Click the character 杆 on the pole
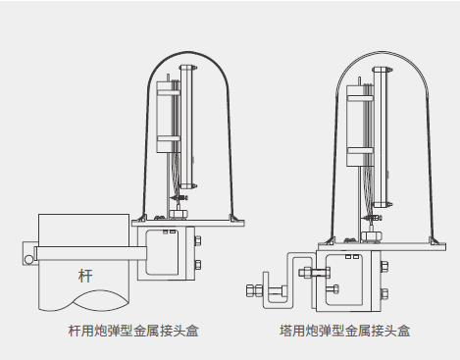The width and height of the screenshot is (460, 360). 85,276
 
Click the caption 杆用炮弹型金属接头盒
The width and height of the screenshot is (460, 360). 133,331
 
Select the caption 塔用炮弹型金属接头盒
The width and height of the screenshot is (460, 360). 344,331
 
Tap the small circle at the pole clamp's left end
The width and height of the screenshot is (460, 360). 28,260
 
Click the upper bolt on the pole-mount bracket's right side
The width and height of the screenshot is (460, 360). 197,241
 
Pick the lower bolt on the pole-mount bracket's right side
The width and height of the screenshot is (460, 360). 197,265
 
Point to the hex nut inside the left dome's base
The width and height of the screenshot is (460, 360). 179,214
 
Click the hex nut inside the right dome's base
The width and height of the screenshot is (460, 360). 371,235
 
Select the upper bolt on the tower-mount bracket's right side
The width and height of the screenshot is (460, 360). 384,267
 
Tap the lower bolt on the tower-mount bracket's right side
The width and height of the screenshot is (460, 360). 384,293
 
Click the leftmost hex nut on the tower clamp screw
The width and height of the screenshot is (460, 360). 250,290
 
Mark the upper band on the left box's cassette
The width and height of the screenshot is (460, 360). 169,92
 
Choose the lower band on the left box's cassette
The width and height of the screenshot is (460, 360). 169,138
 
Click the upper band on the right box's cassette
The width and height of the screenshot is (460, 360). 360,98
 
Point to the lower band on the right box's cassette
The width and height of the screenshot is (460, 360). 360,150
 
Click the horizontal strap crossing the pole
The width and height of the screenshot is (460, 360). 91,253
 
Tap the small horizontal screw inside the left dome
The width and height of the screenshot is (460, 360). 179,198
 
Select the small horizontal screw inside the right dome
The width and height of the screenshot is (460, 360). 373,218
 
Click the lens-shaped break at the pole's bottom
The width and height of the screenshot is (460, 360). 99,300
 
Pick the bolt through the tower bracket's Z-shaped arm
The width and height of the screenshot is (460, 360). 315,272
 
